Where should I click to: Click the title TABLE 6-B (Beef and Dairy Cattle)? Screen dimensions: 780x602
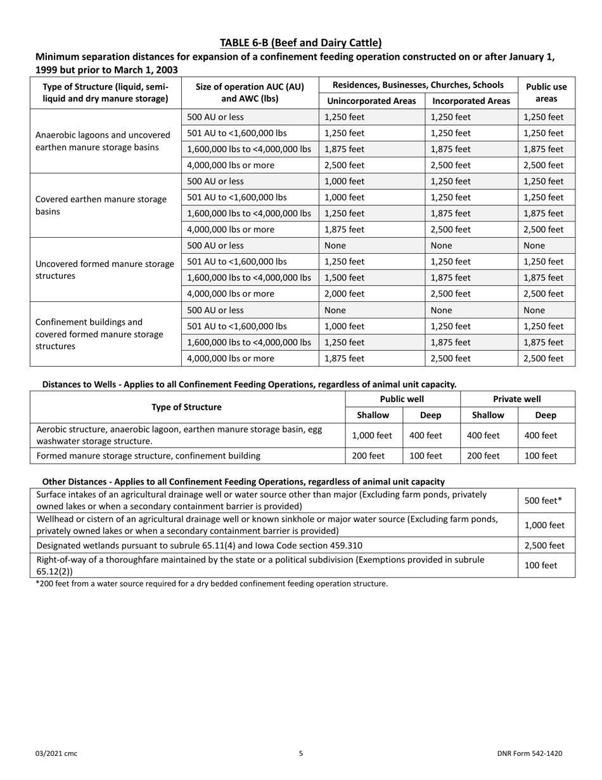click(301, 43)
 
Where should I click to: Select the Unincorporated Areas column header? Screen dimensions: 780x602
click(371, 101)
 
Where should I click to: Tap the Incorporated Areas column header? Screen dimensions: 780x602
click(471, 101)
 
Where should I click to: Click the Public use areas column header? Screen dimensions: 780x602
click(546, 93)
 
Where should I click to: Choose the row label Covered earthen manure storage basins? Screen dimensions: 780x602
click(101, 205)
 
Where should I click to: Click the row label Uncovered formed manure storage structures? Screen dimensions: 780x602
click(105, 270)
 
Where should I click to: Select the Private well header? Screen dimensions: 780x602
click(517, 399)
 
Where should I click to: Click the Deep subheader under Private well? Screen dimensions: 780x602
click(546, 415)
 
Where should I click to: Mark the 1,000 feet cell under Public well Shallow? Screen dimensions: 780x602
click(372, 436)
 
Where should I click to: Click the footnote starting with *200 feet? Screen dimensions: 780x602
click(211, 583)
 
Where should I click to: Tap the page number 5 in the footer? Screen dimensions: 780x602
click(301, 753)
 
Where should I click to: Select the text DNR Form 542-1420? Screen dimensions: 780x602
click(529, 753)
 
